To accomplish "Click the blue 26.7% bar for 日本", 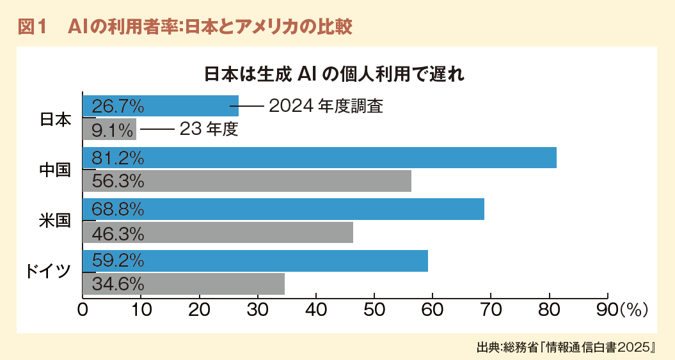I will [161, 106].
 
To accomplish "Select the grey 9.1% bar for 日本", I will [109, 130].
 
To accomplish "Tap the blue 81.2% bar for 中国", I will [319, 158].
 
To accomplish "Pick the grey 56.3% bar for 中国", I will [247, 182].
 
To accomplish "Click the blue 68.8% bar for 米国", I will [283, 209].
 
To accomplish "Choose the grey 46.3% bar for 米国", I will [218, 233].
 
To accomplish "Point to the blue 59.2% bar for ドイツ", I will [255, 261].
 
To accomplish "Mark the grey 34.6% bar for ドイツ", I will [184, 284].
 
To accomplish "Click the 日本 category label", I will [55, 119].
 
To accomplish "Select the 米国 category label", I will [55, 221].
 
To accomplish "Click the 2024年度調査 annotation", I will [326, 106].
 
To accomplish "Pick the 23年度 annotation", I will [209, 130].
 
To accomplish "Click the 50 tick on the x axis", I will [374, 310].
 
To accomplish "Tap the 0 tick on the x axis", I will [83, 310].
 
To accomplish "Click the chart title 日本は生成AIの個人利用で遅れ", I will [334, 74].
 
